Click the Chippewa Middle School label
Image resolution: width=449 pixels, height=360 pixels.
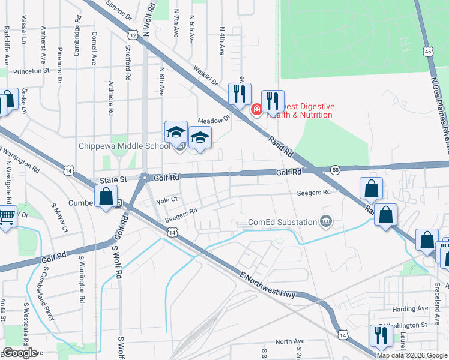(x=125, y=146)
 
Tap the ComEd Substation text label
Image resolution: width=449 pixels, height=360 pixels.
(x=283, y=223)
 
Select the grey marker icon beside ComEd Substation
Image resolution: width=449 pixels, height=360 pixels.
(x=326, y=222)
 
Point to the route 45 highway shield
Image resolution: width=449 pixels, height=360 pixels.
(x=427, y=52)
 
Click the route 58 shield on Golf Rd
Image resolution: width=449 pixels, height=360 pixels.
(x=336, y=170)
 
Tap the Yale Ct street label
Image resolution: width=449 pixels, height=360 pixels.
(x=167, y=199)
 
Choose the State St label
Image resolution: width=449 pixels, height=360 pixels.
(x=115, y=179)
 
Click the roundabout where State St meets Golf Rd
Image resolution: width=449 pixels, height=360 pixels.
(x=144, y=177)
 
